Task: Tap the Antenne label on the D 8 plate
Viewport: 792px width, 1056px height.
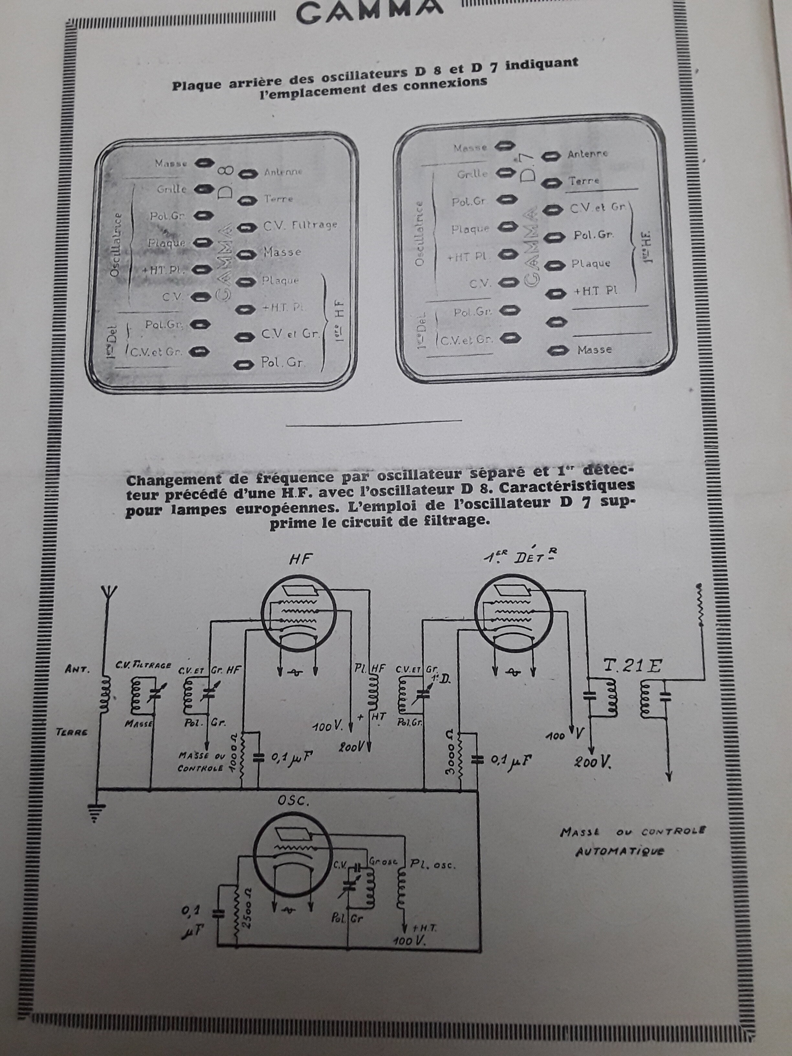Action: click(283, 172)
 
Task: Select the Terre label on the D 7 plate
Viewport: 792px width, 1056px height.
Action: click(583, 181)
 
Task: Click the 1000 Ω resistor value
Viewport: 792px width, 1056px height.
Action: click(233, 764)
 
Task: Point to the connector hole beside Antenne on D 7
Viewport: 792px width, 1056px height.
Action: click(552, 156)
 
